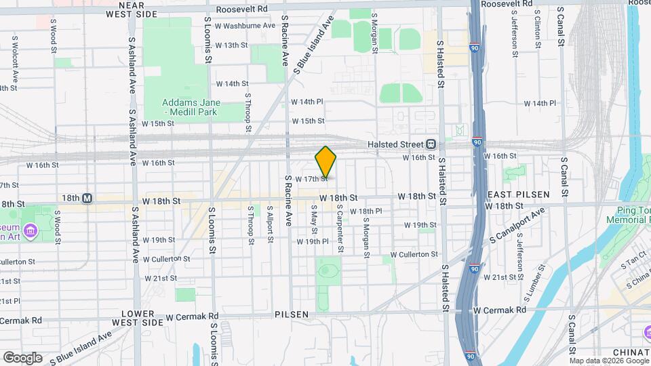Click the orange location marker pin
coord(325,162)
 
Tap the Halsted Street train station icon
coord(431,144)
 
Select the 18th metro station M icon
coord(87,199)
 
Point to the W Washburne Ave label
coord(245,26)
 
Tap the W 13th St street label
coord(231,45)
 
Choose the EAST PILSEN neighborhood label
coord(519,195)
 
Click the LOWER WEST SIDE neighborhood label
coord(142,318)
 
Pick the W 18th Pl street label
coord(366,211)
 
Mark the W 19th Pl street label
coord(313,241)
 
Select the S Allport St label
coord(270,224)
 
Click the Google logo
coord(22,357)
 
